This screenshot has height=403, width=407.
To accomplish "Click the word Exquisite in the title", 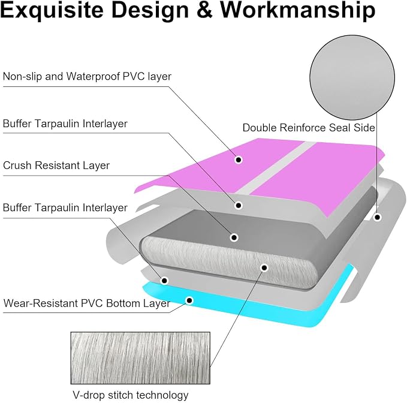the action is click(x=52, y=10).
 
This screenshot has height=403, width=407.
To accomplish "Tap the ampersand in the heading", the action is click(x=204, y=10).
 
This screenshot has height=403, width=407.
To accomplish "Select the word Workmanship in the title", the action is click(x=298, y=10).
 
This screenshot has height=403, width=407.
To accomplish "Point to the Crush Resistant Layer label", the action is click(x=56, y=166).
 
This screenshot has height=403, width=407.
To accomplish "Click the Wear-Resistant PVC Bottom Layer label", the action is click(x=86, y=303).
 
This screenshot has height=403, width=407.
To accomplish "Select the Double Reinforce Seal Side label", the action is click(x=309, y=128).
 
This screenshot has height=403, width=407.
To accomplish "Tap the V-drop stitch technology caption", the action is click(x=131, y=395).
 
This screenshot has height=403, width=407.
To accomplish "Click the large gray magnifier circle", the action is click(x=352, y=77).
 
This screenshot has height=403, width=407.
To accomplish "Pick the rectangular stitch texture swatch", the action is click(x=140, y=358).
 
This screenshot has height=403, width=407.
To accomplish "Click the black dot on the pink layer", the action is click(x=239, y=160).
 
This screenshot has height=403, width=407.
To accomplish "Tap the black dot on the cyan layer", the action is click(x=189, y=300).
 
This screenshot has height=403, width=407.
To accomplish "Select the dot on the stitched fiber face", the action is click(x=264, y=267).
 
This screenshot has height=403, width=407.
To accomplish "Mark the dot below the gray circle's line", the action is click(x=378, y=217).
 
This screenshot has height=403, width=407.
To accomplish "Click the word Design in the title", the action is click(x=150, y=10).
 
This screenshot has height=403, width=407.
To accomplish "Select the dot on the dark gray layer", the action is click(x=234, y=237).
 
